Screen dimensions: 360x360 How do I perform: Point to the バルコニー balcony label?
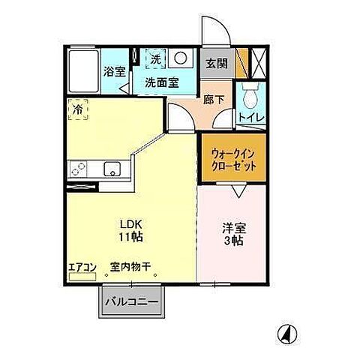point(136,302)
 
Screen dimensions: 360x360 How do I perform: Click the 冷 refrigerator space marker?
point(79,109)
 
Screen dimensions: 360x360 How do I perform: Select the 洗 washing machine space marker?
point(154,57)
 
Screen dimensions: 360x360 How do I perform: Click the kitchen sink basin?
point(111,168)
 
